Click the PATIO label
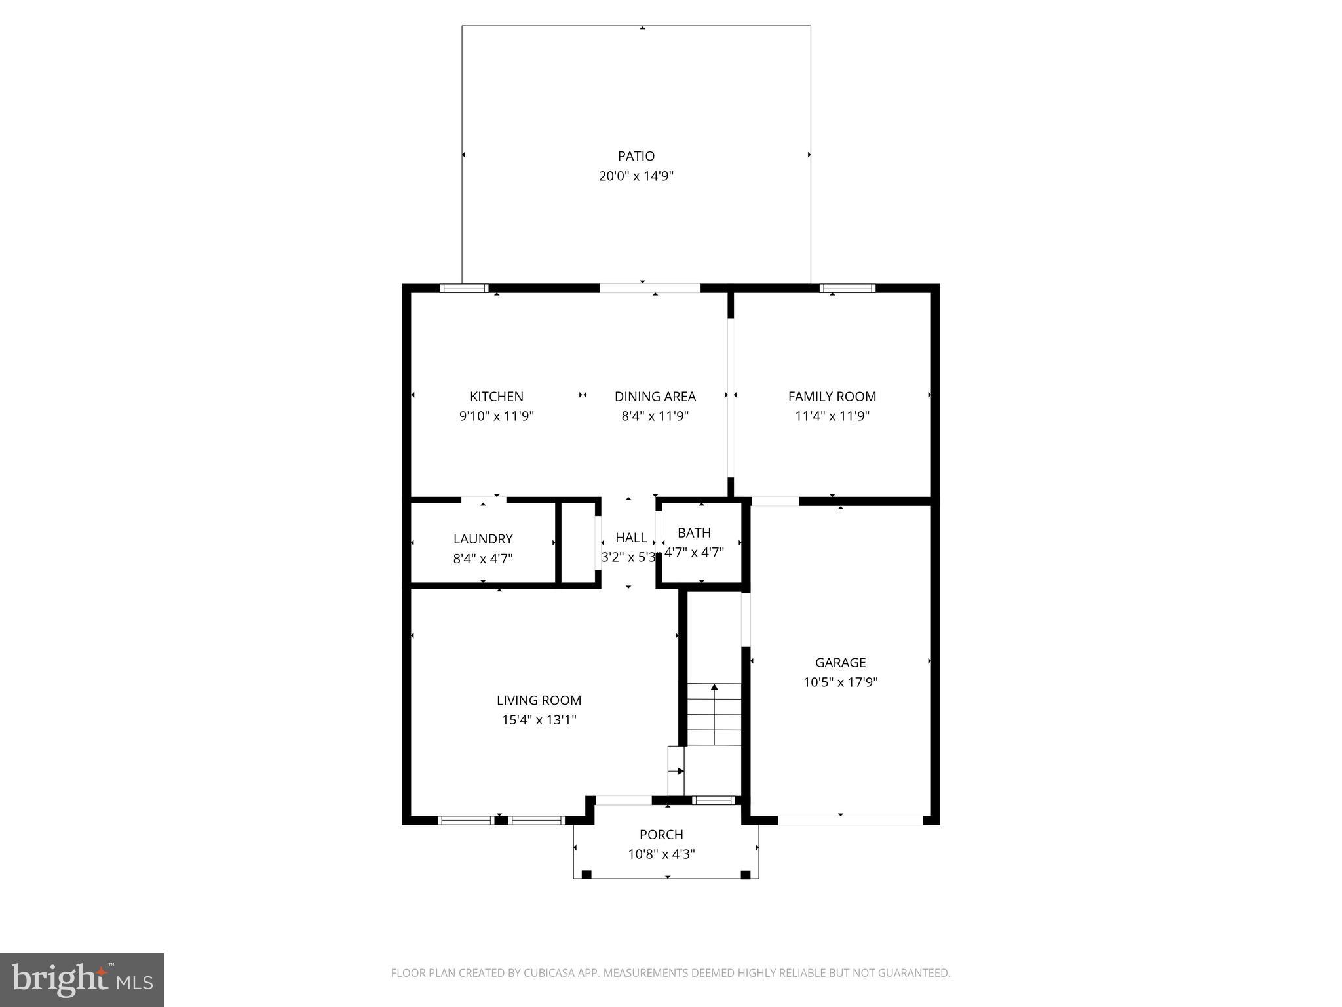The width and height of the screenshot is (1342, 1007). pos(636,156)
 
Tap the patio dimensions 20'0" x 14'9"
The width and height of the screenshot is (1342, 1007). pos(636,176)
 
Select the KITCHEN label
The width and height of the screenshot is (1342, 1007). pos(496,396)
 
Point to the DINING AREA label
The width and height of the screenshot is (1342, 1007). pos(655,396)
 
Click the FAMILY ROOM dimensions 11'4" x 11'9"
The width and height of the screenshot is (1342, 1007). pos(832,416)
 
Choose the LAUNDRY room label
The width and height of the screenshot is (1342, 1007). pos(482,538)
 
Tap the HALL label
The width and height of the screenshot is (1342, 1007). pos(631,538)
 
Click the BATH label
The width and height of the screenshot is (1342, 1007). pos(694,532)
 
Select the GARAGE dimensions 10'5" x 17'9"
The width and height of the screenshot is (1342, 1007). pos(840,682)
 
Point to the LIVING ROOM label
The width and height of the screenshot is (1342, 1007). pos(539,700)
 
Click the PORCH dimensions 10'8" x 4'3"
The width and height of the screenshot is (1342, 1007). pos(661,854)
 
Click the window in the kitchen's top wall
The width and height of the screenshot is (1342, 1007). pos(464,288)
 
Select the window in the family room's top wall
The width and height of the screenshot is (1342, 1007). pos(847,288)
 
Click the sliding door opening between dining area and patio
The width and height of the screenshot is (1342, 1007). pos(649,288)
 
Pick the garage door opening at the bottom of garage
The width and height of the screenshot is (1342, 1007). pos(849,820)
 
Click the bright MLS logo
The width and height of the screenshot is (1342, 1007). pos(82,979)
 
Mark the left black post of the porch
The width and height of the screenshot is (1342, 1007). pos(586,874)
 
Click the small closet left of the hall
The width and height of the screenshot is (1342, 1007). pos(578,543)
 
